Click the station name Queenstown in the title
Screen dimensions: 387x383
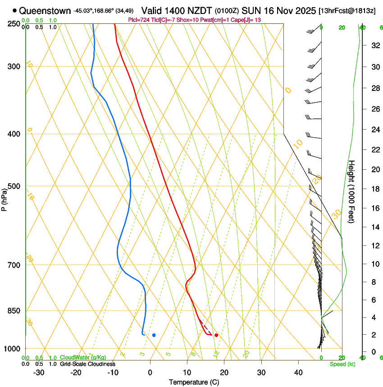(x=45, y=10)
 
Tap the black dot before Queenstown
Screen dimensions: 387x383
(x=15, y=10)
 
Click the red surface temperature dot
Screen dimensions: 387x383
(x=216, y=335)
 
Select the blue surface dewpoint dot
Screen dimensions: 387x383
(x=154, y=335)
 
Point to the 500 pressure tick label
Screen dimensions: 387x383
(x=14, y=187)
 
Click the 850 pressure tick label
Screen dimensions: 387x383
(x=14, y=311)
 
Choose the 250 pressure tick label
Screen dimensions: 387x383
(x=14, y=24)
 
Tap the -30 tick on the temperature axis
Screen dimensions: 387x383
(x=39, y=373)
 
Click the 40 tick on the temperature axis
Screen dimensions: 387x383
(x=298, y=373)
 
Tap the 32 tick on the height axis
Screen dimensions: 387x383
(x=375, y=45)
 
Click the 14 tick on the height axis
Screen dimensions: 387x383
(x=375, y=227)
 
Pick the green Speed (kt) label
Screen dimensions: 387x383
(x=342, y=364)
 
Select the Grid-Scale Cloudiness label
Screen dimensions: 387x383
(x=87, y=364)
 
